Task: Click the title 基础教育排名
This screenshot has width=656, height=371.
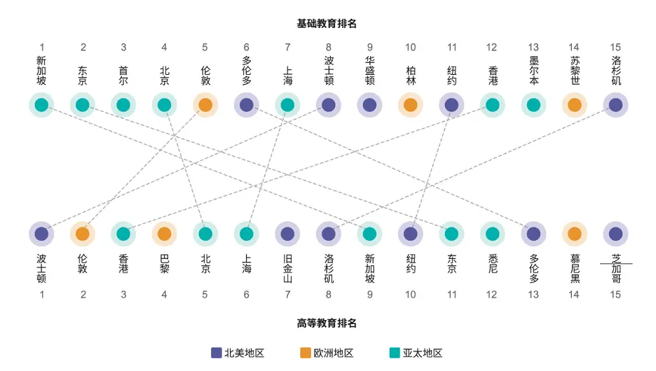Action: point(327,24)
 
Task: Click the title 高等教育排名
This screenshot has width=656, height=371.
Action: point(327,323)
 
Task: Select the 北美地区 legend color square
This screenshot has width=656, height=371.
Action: point(217,353)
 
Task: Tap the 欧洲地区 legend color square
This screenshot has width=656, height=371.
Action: point(306,353)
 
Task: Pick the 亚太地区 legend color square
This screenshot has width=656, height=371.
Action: point(395,353)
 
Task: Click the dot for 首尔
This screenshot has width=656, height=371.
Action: point(123,105)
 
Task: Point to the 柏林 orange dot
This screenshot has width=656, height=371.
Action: point(411,105)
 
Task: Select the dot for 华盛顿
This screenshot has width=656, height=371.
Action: point(369,105)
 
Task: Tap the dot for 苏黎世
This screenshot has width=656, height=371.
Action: point(575,105)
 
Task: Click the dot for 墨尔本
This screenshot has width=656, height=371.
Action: point(533,105)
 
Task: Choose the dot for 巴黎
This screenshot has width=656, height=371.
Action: point(164,234)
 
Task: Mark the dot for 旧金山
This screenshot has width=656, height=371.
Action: point(287,234)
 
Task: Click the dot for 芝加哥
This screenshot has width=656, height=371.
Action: point(615,234)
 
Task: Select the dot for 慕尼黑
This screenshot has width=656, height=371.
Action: point(575,234)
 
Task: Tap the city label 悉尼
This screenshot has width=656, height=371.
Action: point(493,264)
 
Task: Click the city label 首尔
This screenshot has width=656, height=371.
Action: point(123,76)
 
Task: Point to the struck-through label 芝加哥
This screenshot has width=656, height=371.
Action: point(616,269)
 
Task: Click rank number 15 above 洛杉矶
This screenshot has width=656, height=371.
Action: point(615,47)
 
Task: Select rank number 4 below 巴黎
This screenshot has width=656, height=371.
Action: point(164,295)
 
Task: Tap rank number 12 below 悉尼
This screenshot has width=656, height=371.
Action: point(492,295)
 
